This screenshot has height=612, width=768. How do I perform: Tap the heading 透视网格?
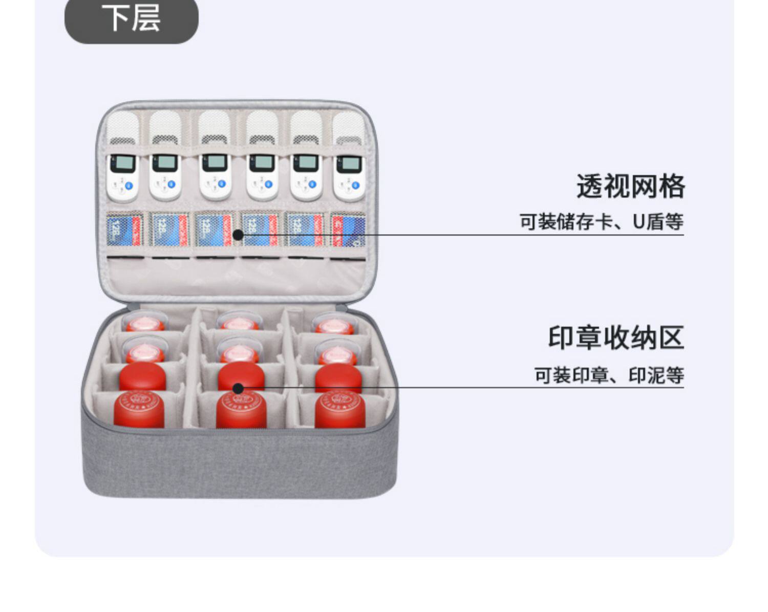[630, 186]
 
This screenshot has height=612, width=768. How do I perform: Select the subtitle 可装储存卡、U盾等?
[602, 222]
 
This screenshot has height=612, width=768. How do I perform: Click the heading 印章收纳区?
[616, 338]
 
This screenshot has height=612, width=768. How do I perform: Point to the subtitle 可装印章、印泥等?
[609, 375]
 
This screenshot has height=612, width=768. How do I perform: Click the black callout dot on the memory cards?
[238, 235]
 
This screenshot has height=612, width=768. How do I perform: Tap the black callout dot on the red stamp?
[238, 388]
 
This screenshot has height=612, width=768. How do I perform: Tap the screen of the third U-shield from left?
[215, 163]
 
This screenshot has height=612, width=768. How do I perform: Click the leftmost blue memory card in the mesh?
[123, 230]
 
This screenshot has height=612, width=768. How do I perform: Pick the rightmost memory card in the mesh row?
[348, 230]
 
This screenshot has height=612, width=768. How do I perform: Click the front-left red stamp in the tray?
[139, 410]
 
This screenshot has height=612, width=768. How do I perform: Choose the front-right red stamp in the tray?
[339, 410]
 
